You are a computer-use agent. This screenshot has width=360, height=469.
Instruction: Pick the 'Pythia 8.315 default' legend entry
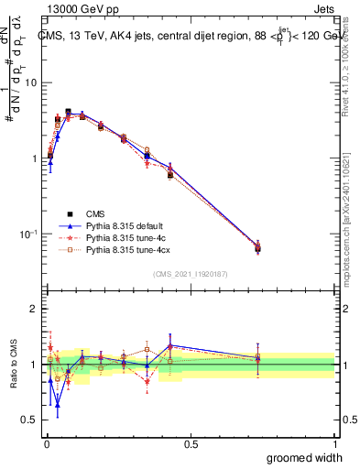[121, 224]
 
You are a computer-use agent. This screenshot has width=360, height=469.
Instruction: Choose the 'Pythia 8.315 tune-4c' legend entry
[121, 236]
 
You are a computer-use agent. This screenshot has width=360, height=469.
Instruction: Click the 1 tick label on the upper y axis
[33, 158]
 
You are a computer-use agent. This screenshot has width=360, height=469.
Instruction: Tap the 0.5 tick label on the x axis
[191, 442]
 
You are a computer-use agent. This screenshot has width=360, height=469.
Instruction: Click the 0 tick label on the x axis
[46, 442]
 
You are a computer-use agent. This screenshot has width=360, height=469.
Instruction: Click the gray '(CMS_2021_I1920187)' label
[190, 274]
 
